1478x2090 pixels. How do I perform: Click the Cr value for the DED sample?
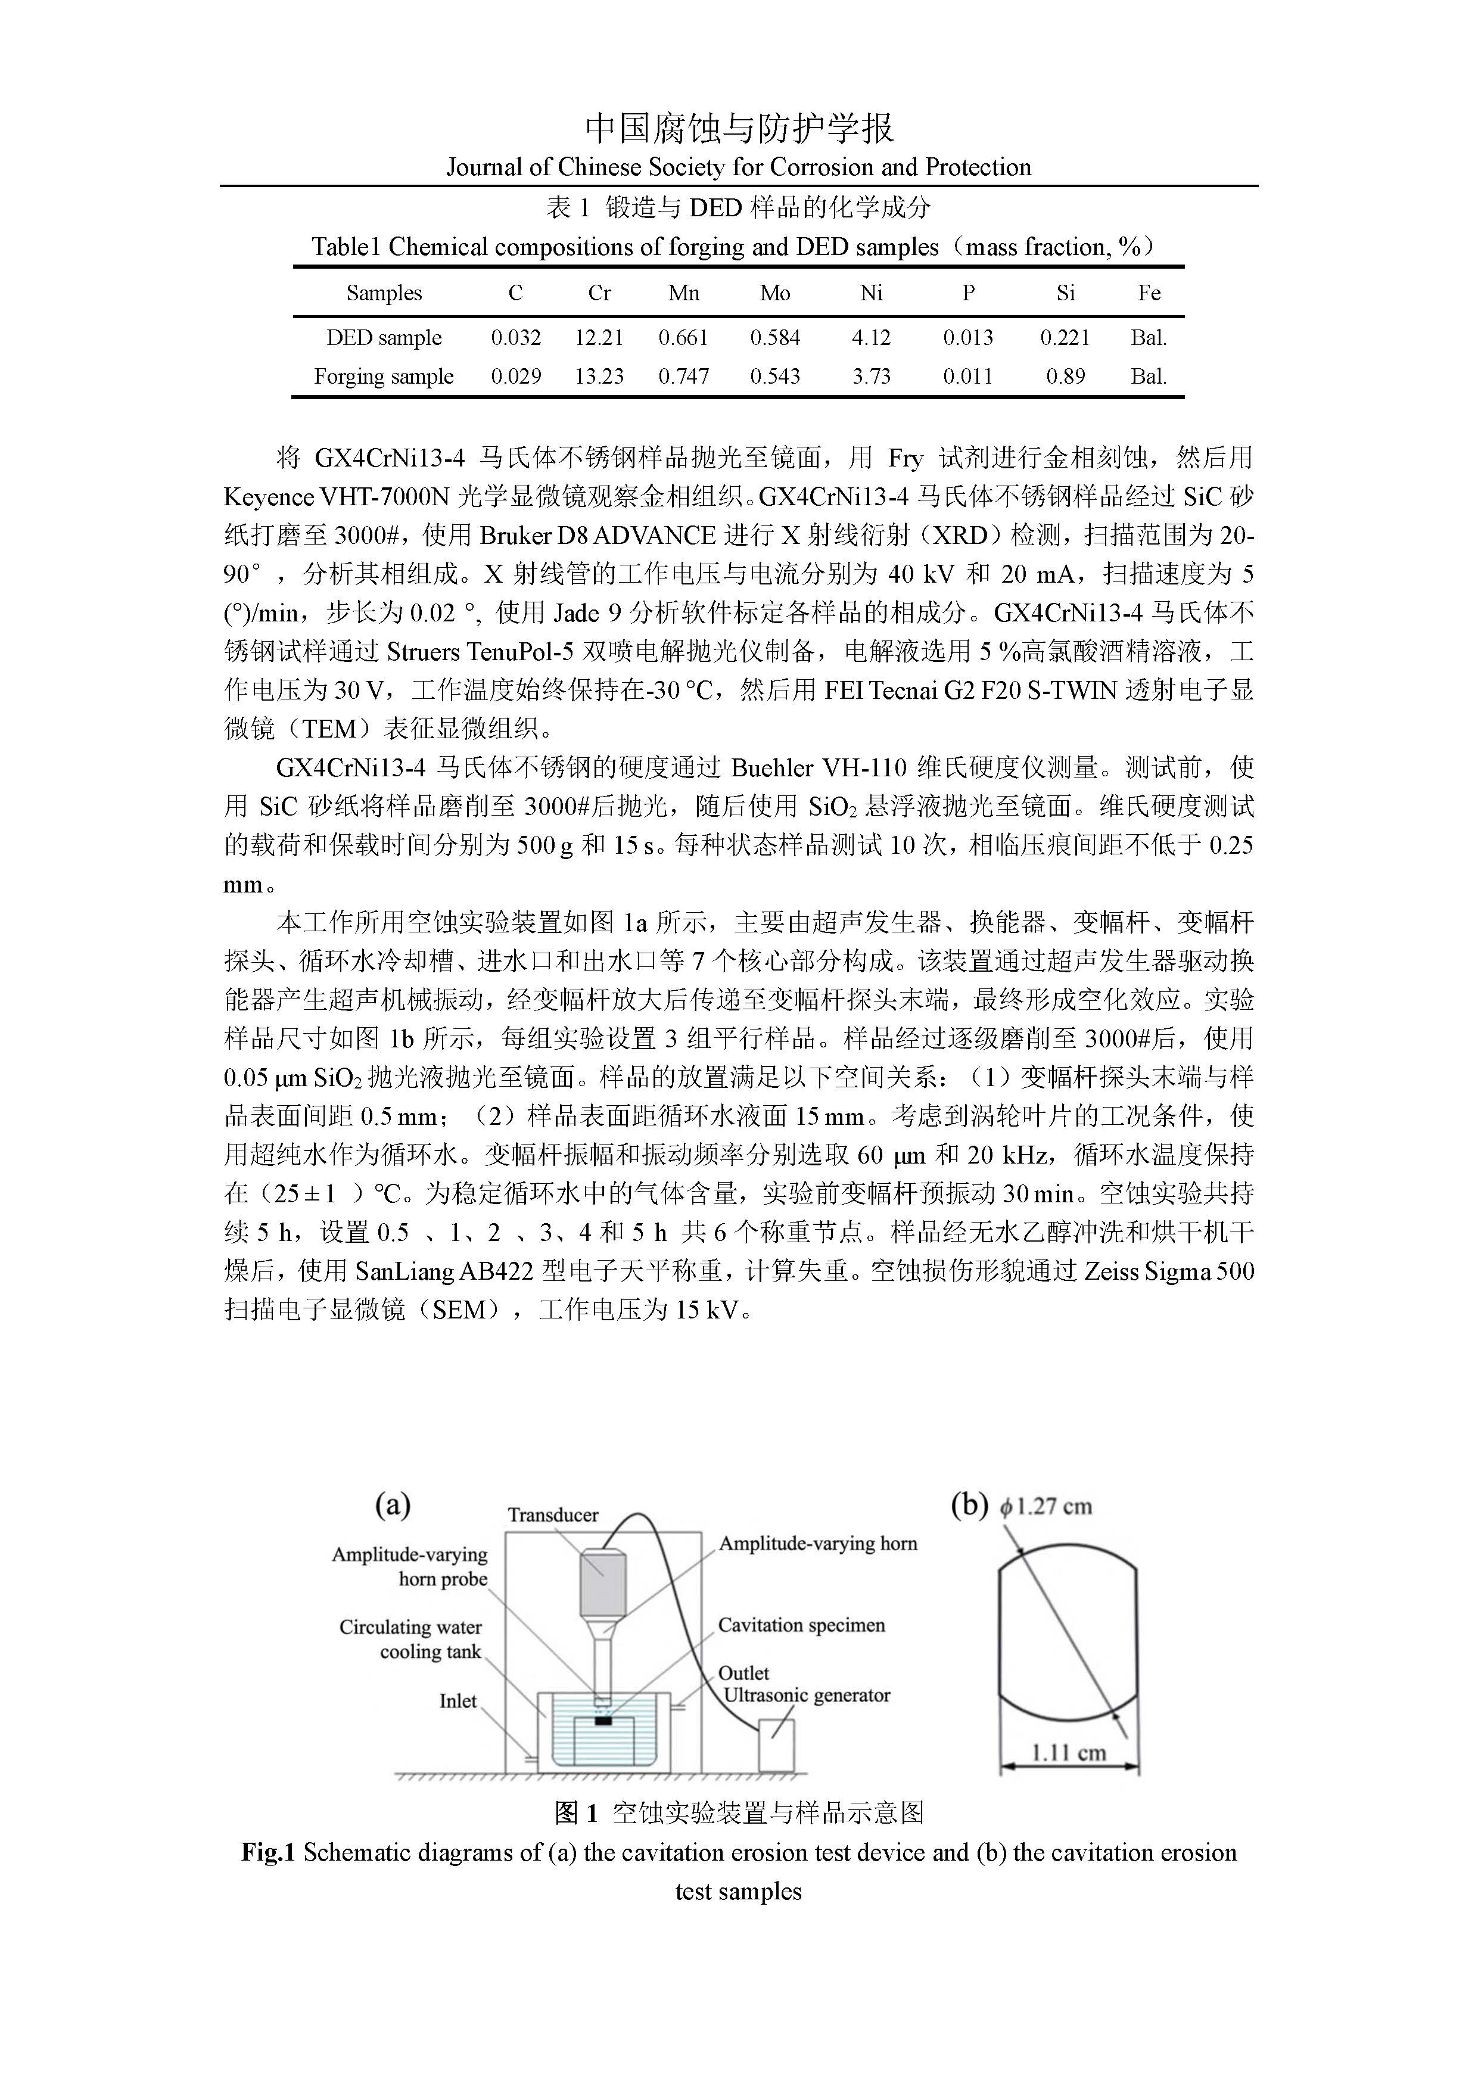599,338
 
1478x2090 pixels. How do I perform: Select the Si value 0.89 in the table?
1065,376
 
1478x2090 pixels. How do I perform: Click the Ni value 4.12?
871,338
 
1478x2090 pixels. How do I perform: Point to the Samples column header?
384,293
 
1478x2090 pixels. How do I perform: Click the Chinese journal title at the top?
738,129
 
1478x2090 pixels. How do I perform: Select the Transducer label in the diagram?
553,1514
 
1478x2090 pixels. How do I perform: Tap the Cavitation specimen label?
801,1625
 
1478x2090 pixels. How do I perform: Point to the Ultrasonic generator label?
807,1695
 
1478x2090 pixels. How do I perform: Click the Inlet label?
458,1702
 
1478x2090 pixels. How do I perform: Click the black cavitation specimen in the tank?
602,1721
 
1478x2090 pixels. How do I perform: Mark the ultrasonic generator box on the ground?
776,1745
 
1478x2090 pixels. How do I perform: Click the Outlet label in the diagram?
743,1673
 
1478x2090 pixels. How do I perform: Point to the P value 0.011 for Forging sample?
967,376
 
